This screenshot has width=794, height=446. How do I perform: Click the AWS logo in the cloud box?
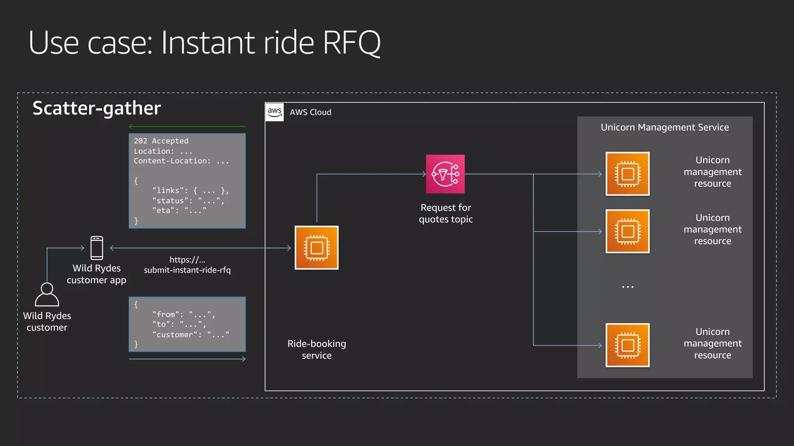[274, 112]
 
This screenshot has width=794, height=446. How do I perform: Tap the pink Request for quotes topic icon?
[445, 174]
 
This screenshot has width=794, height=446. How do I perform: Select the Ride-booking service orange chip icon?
[316, 248]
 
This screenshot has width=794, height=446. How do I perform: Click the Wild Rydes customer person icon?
[47, 295]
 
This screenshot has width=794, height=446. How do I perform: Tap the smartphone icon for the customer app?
[97, 248]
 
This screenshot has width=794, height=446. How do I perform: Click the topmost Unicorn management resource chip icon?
[627, 174]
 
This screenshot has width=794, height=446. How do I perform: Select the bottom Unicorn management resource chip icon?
[627, 345]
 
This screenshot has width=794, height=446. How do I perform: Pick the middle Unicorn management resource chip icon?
[627, 232]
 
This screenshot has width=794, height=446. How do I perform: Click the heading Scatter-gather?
[97, 108]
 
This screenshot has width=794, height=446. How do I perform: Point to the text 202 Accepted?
[161, 141]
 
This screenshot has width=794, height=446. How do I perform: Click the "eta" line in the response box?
[179, 210]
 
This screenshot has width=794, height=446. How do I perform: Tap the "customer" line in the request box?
[190, 334]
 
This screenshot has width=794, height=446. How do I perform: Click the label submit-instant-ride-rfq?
[187, 270]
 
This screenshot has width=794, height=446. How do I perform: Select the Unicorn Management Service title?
[665, 127]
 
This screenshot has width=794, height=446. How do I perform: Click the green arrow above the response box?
[187, 126]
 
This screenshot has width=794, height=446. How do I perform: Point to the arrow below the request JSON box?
[187, 359]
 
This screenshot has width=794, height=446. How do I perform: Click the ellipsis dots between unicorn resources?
[627, 287]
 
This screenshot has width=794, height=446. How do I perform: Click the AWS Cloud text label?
[311, 112]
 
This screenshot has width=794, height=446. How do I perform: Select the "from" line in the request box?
[183, 314]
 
